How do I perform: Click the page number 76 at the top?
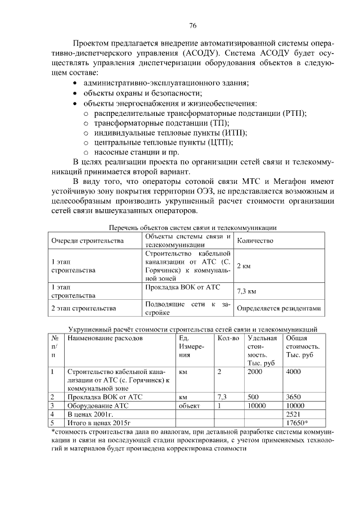pos(192,26)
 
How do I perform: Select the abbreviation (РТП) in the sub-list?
pos(292,113)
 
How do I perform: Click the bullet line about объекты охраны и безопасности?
pos(143,93)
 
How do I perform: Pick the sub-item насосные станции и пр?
pos(131,152)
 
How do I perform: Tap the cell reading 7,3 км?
pos(247,292)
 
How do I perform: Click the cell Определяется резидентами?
pos(278,308)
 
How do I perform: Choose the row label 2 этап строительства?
pos(83,308)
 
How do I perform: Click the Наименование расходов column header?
pos(105,338)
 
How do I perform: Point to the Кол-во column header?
pos(228,338)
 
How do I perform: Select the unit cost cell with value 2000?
pos(255,371)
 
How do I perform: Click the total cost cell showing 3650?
pos(295,397)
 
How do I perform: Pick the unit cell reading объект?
pos(190,405)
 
